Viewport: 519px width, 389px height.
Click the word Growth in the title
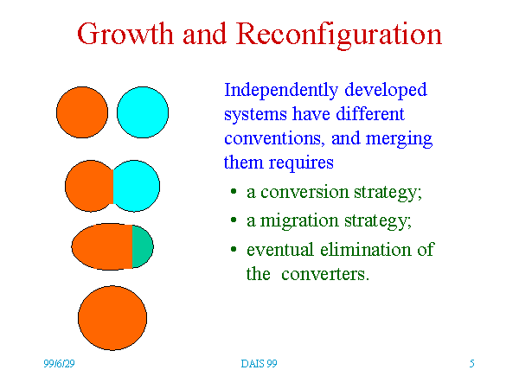pyautogui.click(x=125, y=34)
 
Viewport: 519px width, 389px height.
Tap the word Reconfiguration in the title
pyautogui.click(x=339, y=35)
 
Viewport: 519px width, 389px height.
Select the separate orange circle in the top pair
pyautogui.click(x=82, y=112)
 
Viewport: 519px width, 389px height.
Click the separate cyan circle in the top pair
pyautogui.click(x=143, y=112)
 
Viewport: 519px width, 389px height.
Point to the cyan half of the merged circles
pyautogui.click(x=137, y=186)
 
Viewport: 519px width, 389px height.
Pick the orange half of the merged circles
pyautogui.click(x=89, y=186)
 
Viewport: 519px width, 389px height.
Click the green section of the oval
pyautogui.click(x=143, y=246)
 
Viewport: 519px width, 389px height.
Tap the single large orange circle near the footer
pyautogui.click(x=112, y=318)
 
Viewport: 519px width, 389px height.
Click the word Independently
pyautogui.click(x=281, y=90)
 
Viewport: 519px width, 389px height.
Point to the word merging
pyautogui.click(x=399, y=139)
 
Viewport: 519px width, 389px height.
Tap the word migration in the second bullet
pyautogui.click(x=299, y=221)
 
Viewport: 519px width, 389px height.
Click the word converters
pyautogui.click(x=325, y=274)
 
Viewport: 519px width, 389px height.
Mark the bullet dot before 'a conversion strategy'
pyautogui.click(x=234, y=191)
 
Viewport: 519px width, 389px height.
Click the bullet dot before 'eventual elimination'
pyautogui.click(x=234, y=249)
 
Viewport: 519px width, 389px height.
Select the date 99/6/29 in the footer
pyautogui.click(x=59, y=364)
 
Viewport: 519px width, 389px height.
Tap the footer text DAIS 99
pyautogui.click(x=259, y=364)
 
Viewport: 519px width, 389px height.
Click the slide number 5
pyautogui.click(x=472, y=364)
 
